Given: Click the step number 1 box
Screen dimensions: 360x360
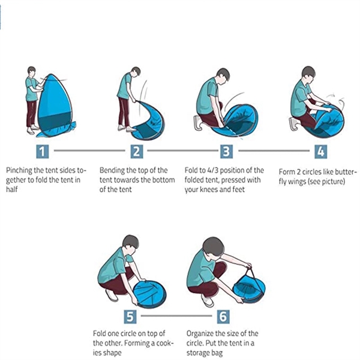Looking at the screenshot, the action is click(43, 152).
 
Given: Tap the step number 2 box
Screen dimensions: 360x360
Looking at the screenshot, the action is click(137, 152).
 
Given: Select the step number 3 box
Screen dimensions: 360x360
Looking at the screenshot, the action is click(226, 152).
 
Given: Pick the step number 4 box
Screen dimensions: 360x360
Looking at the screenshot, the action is click(321, 152).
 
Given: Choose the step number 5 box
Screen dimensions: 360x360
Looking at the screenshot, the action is click(130, 317).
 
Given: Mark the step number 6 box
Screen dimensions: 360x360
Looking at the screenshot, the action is click(223, 317).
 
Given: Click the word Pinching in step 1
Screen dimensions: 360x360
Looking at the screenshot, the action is click(19, 171).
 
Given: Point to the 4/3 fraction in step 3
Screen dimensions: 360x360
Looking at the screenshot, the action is click(212, 170).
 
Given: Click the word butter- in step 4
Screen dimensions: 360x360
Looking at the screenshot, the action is click(346, 172).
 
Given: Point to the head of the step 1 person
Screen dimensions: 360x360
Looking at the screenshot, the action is click(31, 71).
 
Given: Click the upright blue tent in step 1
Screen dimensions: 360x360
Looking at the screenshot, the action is click(55, 106).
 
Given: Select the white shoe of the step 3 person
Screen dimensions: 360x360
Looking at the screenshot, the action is click(197, 123).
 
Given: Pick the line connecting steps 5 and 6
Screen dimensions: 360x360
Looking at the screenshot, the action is click(176, 316).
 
